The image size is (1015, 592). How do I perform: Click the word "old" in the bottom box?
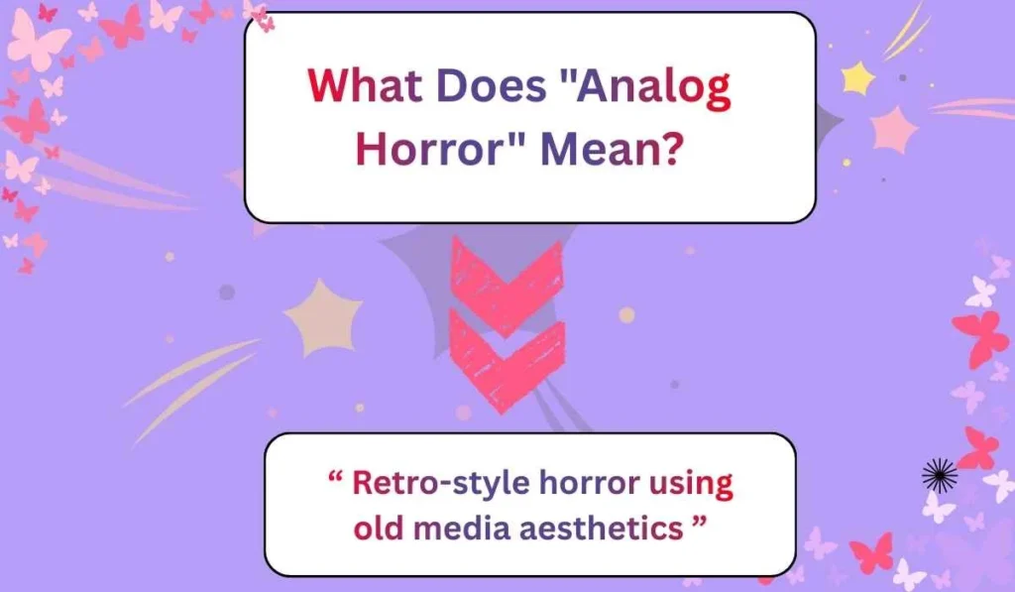point(378,528)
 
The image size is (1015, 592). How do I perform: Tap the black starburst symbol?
point(939,477)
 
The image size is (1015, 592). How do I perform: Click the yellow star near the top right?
point(856,76)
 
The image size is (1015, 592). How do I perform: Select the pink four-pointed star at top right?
point(895,130)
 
